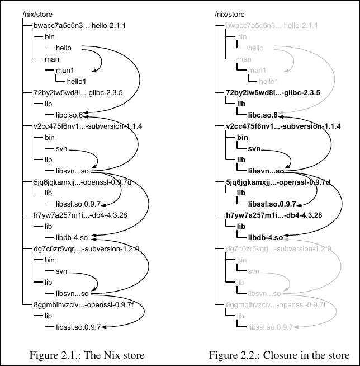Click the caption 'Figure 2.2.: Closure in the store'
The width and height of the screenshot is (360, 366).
tap(279, 355)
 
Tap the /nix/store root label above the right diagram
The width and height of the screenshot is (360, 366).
tap(229, 13)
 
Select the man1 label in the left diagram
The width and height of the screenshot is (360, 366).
tap(65, 70)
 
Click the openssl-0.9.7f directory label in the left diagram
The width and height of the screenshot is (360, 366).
tap(83, 304)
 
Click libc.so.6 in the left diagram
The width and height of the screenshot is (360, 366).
tap(70, 115)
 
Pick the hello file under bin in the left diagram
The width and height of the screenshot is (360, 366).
tap(64, 48)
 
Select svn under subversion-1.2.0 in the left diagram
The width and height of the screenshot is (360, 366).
tap(61, 271)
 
